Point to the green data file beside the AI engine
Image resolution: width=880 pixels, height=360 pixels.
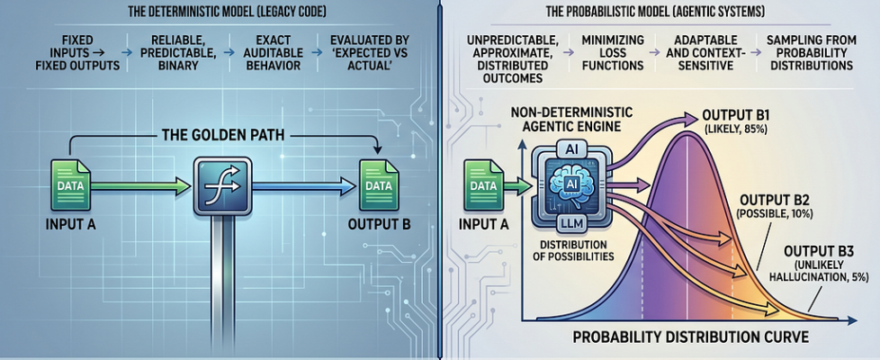click(483, 184)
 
